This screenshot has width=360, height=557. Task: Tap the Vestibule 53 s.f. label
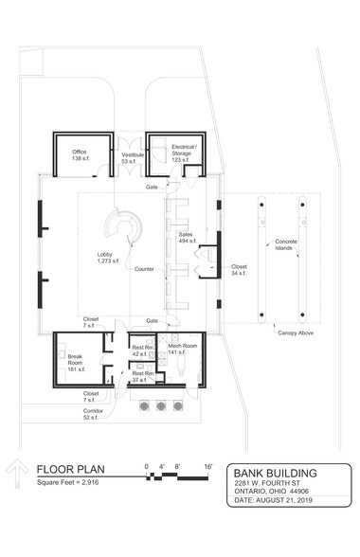tap(132, 158)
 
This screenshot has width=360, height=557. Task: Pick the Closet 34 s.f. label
tap(239, 271)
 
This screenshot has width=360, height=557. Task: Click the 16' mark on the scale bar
tap(207, 467)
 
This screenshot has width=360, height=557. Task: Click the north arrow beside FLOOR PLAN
tap(16, 474)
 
